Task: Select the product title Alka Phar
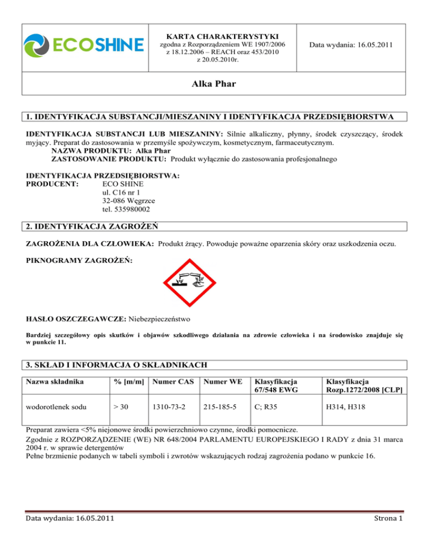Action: pos(214,88)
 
